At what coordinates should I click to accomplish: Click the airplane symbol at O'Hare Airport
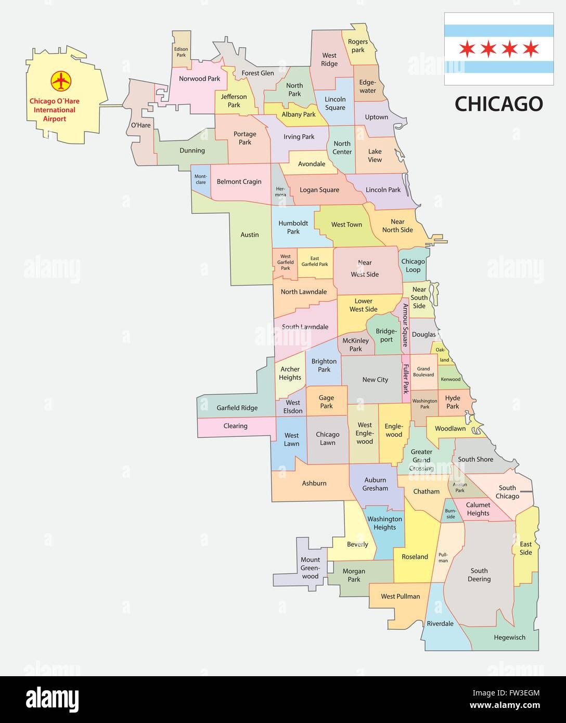coord(61,81)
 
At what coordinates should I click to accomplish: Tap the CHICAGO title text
coord(498,104)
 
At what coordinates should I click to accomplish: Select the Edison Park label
coord(181,51)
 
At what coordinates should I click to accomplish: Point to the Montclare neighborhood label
coord(200,179)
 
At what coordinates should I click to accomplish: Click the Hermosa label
coord(280,191)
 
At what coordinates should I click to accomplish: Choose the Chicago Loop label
coord(413,265)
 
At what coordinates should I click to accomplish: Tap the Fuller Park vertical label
coord(406,378)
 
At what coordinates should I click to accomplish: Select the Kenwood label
coord(450,379)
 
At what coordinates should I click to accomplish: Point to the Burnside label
coord(450,513)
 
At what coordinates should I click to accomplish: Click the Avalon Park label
coord(459,487)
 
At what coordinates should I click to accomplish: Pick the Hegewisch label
coord(509,637)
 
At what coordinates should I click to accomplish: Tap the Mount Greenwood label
coord(310,568)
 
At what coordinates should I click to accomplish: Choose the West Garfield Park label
coord(285,262)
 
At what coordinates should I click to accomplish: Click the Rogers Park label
coord(358,46)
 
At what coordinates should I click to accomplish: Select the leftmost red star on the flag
coord(466,49)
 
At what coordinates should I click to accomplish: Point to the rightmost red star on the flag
coord(531,49)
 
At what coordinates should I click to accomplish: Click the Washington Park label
coord(425,404)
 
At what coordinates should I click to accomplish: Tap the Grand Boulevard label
coord(423,371)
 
